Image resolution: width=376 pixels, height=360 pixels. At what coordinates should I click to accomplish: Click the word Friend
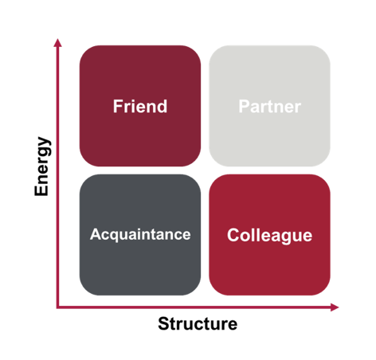[x=140, y=106]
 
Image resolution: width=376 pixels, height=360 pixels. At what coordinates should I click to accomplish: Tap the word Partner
[x=270, y=107]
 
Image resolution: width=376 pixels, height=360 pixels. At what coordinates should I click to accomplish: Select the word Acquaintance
[x=140, y=234]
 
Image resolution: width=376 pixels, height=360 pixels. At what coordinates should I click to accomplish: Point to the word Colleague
[x=269, y=236]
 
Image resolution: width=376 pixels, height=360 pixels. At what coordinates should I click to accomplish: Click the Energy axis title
[x=42, y=166]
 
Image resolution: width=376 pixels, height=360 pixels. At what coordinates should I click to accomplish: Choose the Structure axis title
[x=198, y=323]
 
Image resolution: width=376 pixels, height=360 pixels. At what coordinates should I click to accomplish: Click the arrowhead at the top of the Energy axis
[x=57, y=43]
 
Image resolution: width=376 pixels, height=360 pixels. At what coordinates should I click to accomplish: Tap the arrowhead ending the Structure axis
[x=335, y=307]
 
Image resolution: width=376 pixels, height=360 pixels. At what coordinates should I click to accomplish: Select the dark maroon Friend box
[x=140, y=106]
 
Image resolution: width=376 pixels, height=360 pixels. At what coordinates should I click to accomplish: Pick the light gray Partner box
[x=269, y=106]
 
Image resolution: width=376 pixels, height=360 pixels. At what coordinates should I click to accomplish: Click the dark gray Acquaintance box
[x=140, y=235]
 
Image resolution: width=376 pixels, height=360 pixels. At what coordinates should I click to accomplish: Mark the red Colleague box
[x=269, y=235]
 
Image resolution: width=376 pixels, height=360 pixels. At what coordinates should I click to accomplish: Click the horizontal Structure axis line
[x=198, y=307]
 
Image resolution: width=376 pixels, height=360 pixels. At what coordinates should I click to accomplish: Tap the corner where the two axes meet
[x=57, y=307]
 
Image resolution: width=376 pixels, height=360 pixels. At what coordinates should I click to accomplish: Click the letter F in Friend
[x=118, y=106]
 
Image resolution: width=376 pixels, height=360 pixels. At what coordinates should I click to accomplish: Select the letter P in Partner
[x=244, y=106]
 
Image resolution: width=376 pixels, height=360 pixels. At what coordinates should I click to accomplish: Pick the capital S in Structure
[x=164, y=323]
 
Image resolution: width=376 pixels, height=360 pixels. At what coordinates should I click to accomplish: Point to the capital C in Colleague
[x=233, y=235]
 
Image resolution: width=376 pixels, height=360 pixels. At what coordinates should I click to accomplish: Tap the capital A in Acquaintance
[x=96, y=234]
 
